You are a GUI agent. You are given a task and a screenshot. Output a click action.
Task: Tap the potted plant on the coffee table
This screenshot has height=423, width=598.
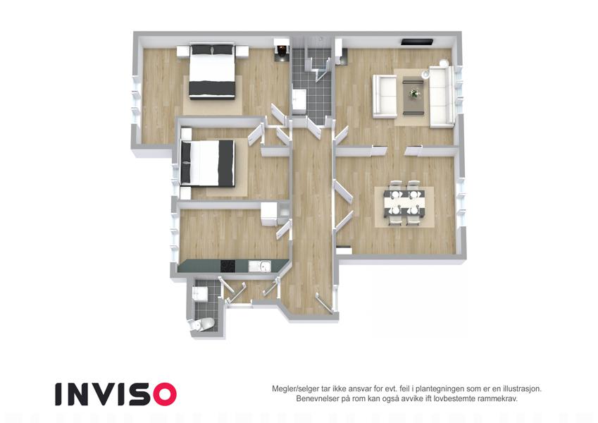(x=413, y=93)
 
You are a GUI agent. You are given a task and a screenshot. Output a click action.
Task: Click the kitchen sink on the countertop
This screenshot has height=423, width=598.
(x=260, y=266)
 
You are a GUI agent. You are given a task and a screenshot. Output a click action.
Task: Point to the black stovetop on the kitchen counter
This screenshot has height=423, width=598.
(x=228, y=266)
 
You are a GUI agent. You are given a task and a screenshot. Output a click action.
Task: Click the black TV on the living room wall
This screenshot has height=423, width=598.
(x=417, y=42)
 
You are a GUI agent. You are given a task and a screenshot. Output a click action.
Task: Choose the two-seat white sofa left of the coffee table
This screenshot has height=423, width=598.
(x=385, y=96)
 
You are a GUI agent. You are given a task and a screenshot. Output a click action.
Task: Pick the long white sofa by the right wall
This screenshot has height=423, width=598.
(x=442, y=97)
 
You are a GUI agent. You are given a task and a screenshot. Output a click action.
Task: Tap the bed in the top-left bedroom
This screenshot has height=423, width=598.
(x=212, y=71)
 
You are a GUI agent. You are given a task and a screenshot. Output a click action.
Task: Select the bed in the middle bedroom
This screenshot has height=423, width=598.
(x=208, y=163)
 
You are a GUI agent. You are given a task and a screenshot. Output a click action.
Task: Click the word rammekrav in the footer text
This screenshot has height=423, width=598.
(x=498, y=398)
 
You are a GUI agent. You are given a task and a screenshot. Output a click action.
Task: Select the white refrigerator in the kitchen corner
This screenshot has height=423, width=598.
(x=269, y=214)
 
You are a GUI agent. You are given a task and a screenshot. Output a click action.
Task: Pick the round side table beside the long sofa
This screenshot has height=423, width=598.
(x=444, y=63)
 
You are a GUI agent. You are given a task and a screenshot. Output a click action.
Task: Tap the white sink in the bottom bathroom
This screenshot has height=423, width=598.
(x=201, y=293)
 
